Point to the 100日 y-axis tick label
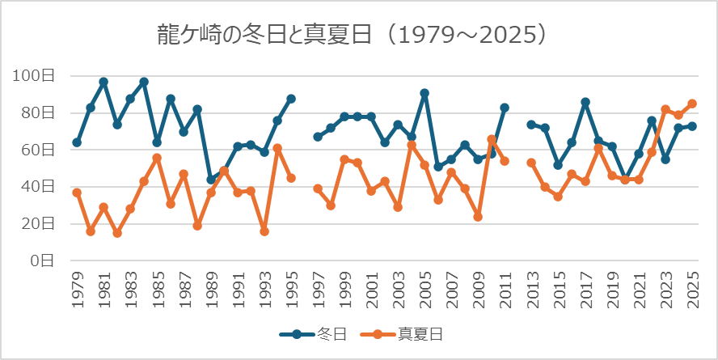point(34,76)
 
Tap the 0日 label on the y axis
point(42,260)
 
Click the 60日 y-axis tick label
point(38,150)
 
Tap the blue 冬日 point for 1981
point(103,82)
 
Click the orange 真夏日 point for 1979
point(77,193)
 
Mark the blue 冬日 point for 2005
point(424,93)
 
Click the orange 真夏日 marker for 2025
point(692,104)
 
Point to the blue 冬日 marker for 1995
point(291,99)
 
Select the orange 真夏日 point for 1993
point(264,231)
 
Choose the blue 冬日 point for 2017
point(585,102)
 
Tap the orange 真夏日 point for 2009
point(478,217)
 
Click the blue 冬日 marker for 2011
point(505,108)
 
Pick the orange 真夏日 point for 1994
point(277,148)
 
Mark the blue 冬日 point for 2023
point(665,159)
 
